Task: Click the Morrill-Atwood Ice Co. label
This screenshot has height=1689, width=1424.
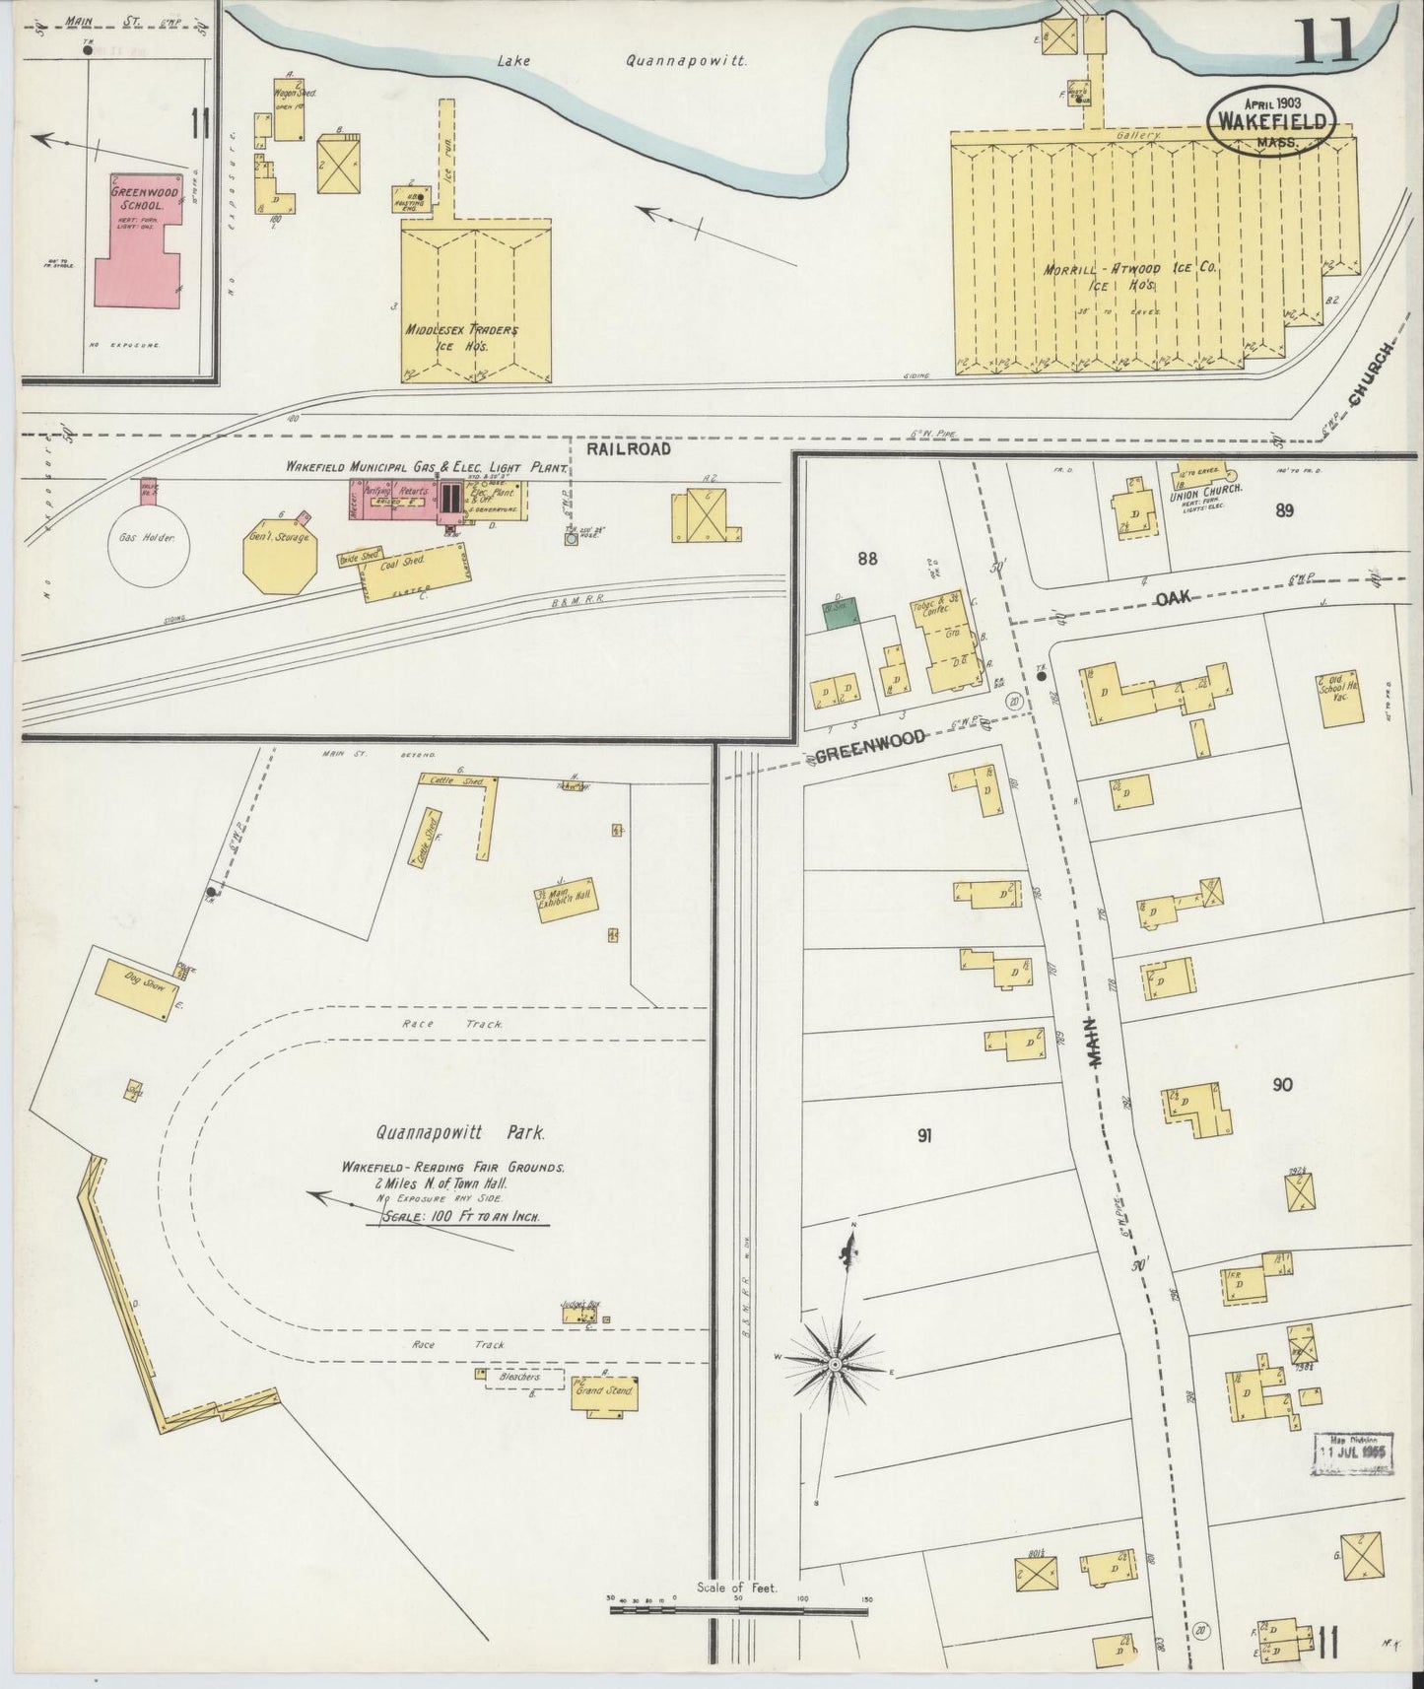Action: pyautogui.click(x=1127, y=276)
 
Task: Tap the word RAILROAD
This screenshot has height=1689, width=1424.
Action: pyautogui.click(x=628, y=448)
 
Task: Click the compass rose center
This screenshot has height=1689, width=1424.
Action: pyautogui.click(x=835, y=1364)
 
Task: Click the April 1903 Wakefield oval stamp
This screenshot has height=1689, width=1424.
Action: pyautogui.click(x=1272, y=121)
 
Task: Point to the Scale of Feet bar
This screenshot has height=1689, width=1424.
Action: pyautogui.click(x=739, y=1612)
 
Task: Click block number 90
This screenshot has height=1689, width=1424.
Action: pyautogui.click(x=1281, y=1085)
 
